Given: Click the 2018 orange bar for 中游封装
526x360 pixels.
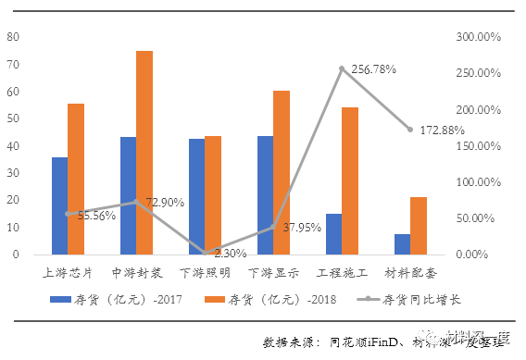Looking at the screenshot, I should (144, 153).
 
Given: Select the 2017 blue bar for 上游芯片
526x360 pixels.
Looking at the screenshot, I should (60, 205).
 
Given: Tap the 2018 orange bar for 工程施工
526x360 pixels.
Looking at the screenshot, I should (350, 180).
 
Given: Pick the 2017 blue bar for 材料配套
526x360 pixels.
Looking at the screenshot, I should (402, 243).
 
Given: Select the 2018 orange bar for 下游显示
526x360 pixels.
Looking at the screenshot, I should (282, 172).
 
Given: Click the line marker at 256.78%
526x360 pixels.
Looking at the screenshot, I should (342, 68).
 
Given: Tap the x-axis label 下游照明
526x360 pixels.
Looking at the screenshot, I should (205, 274).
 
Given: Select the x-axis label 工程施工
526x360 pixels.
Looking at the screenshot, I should (342, 274).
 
